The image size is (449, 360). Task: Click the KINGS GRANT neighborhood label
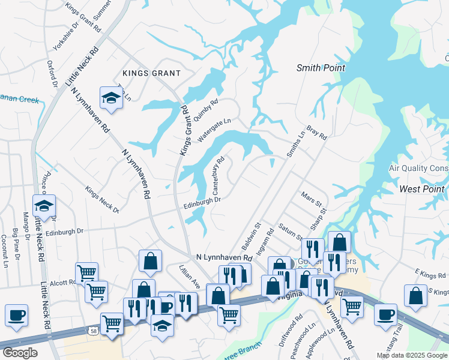pyautogui.click(x=151, y=73)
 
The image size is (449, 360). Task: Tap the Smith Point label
pyautogui.click(x=321, y=68)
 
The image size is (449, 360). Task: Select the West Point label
pyautogui.click(x=422, y=189)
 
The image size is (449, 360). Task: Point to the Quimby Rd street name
pyautogui.click(x=206, y=106)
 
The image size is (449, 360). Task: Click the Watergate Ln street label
pyautogui.click(x=211, y=130)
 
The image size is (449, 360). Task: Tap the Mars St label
pyautogui.click(x=312, y=198)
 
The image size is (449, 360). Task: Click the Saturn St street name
pyautogui.click(x=291, y=232)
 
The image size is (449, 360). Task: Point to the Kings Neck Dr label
pyautogui.click(x=101, y=200)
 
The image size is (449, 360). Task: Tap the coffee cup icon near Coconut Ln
pyautogui.click(x=16, y=314)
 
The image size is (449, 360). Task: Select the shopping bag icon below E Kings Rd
pyautogui.click(x=415, y=296)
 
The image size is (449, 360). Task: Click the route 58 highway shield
pyautogui.click(x=92, y=331)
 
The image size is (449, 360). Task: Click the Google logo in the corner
pyautogui.click(x=20, y=353)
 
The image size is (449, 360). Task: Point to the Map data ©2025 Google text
pyautogui.click(x=411, y=355)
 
